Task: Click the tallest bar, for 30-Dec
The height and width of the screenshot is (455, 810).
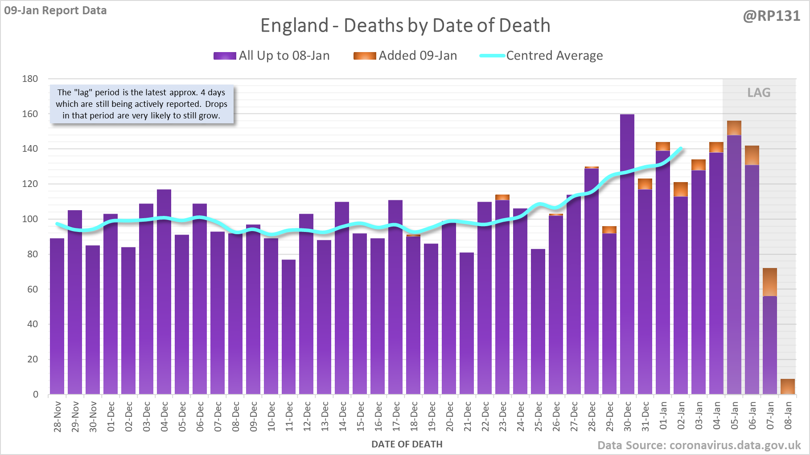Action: [627, 254]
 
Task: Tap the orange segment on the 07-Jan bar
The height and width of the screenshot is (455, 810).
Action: [770, 282]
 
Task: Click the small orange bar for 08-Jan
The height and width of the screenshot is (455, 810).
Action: [788, 386]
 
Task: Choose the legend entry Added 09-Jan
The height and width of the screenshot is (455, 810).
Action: [405, 56]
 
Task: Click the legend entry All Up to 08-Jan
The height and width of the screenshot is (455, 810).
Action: [271, 56]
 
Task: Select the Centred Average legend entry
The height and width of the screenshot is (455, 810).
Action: [541, 56]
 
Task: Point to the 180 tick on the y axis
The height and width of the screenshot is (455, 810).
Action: [30, 79]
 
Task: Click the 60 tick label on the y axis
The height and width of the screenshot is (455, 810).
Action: [33, 289]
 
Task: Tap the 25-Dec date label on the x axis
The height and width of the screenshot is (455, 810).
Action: [539, 416]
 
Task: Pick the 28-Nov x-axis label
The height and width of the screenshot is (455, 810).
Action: [58, 416]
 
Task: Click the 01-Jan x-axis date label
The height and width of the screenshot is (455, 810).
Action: [663, 416]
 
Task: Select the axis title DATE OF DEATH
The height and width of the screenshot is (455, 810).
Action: [407, 444]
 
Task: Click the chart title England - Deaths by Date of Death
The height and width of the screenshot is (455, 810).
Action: [405, 25]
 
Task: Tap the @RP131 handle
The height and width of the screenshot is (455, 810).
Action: [771, 16]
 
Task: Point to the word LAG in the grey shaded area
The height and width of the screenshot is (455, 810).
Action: [759, 93]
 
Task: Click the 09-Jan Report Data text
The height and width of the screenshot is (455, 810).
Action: [55, 10]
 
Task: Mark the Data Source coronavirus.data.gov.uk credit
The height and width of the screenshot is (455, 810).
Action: [699, 445]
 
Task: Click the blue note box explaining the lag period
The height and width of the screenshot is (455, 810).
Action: [141, 104]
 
